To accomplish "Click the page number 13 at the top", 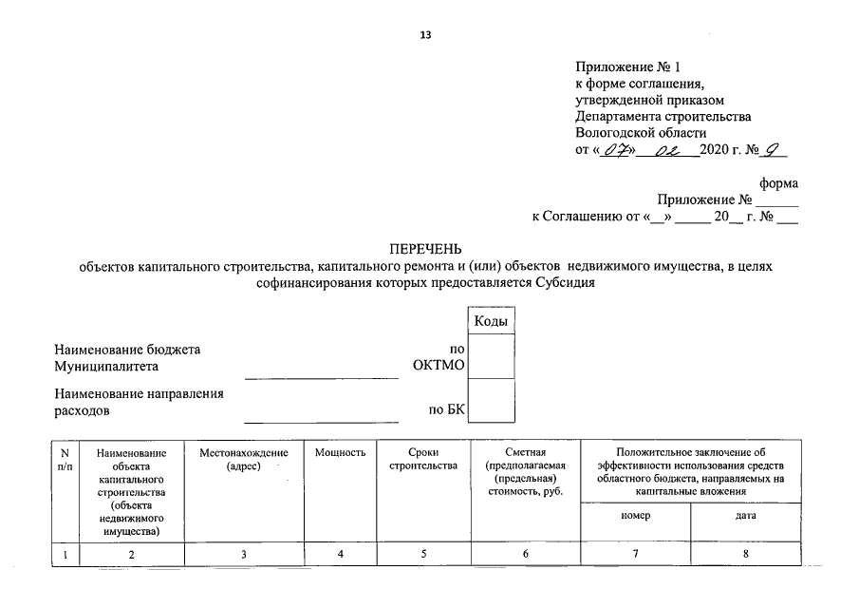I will pos(425,35).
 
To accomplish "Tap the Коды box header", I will pos(493,322).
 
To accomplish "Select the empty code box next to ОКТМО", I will pos(493,357).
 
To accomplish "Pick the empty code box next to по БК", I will pos(493,400).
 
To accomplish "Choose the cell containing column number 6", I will pos(524,553).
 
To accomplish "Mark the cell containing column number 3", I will pos(243,553).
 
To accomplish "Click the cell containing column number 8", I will pos(746,553).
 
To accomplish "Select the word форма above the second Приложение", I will pos(779,183).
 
